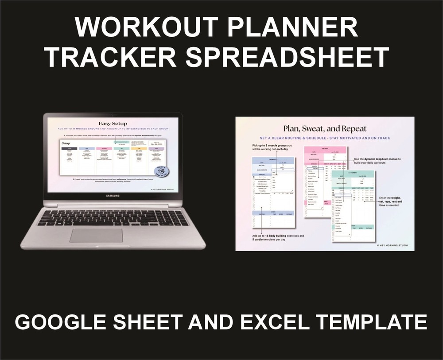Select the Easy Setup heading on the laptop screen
(112, 124)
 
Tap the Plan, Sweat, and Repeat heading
(325, 129)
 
